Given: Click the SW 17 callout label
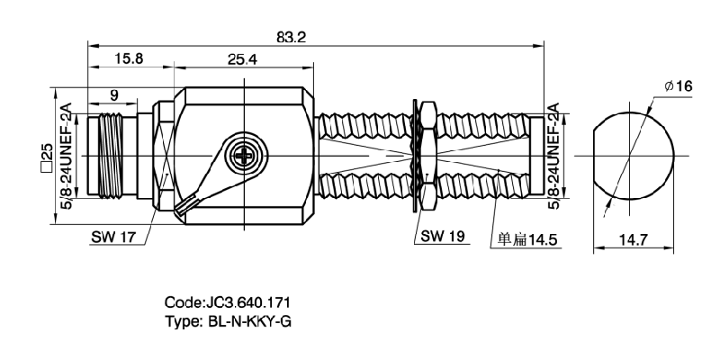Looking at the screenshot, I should click(114, 239).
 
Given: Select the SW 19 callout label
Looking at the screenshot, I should click(441, 239).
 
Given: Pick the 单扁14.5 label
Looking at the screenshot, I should click(528, 240).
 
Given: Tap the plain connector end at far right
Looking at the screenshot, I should click(537, 156).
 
